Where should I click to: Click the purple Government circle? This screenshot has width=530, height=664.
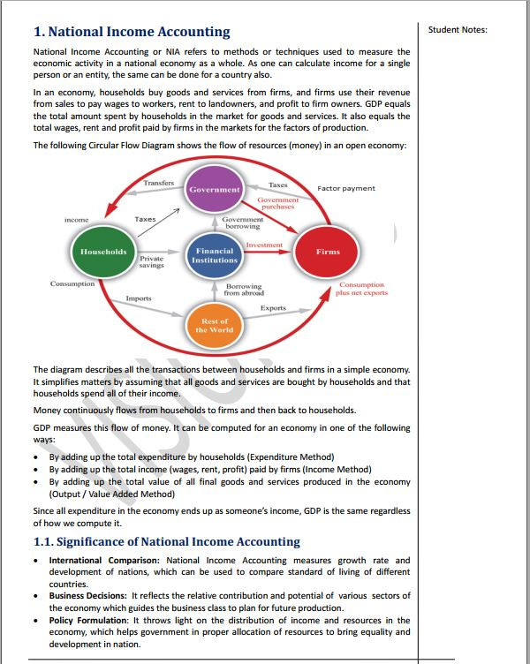pyautogui.click(x=214, y=190)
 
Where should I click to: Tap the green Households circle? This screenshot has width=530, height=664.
pyautogui.click(x=103, y=252)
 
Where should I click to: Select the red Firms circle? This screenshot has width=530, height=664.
pyautogui.click(x=328, y=252)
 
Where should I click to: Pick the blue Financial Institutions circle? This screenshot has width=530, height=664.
pyautogui.click(x=215, y=256)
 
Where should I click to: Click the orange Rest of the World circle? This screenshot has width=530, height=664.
pyautogui.click(x=215, y=325)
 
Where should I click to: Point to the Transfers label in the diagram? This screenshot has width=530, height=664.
pyautogui.click(x=158, y=183)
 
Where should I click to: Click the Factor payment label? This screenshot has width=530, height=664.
pyautogui.click(x=346, y=188)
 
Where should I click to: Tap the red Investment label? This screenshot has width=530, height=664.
pyautogui.click(x=264, y=245)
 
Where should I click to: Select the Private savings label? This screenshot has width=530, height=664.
pyautogui.click(x=152, y=261)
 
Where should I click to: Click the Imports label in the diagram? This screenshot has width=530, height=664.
pyautogui.click(x=139, y=298)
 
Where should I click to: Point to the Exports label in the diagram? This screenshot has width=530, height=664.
pyautogui.click(x=273, y=308)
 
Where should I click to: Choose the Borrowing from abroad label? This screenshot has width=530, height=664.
pyautogui.click(x=244, y=290)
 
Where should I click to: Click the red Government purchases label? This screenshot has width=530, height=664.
pyautogui.click(x=278, y=203)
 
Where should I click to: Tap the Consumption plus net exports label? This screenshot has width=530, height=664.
pyautogui.click(x=361, y=289)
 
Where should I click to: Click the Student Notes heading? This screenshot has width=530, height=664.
pyautogui.click(x=458, y=30)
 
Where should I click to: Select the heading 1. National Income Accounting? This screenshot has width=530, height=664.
pyautogui.click(x=132, y=33)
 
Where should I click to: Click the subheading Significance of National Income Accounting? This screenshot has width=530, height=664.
pyautogui.click(x=166, y=541)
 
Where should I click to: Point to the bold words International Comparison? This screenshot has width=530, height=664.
pyautogui.click(x=104, y=560)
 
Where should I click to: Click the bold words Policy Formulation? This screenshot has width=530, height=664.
pyautogui.click(x=89, y=621)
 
